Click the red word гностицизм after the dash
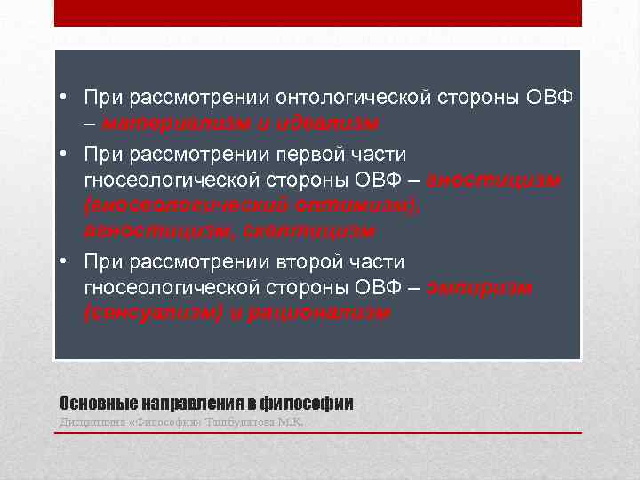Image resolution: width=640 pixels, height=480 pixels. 494,180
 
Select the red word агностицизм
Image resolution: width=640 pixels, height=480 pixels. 148,230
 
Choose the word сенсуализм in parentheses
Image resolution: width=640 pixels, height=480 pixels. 152,313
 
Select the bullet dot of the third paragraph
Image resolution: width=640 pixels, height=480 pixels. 65,262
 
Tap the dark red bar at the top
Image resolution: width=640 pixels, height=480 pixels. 318,12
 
